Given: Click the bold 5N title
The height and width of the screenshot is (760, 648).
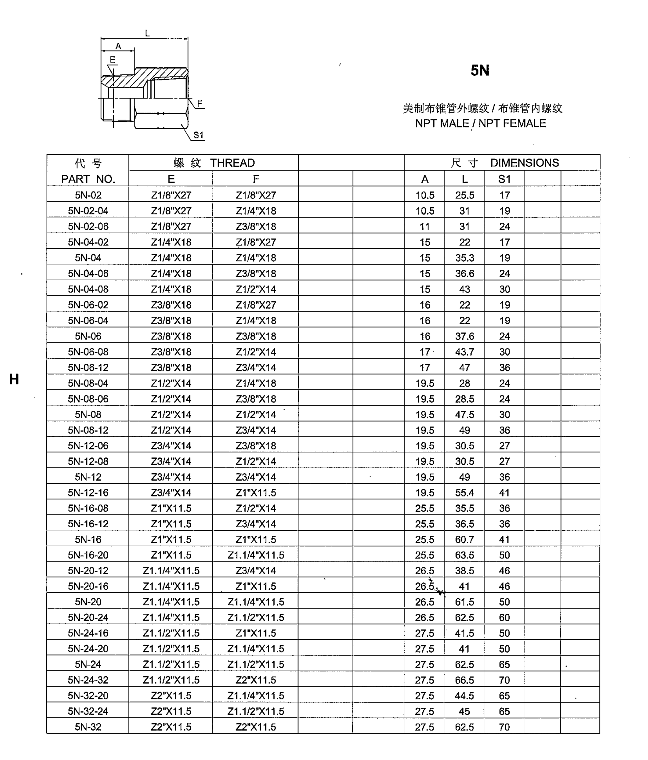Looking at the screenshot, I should pos(480,71).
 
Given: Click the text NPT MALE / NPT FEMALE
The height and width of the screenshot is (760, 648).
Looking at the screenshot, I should pos(480,123).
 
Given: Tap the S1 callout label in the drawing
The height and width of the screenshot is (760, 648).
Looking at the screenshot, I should pos(199,135).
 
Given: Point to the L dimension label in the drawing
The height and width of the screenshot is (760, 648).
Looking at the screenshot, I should pos(147,33).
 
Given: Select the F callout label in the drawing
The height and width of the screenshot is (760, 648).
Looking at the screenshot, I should pos(200,103).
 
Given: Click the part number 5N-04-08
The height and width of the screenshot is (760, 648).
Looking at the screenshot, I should pos(88,289).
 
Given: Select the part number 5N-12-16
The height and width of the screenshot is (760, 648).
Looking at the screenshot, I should pos(88,493).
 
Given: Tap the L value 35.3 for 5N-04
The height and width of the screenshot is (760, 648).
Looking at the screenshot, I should pos(465,258).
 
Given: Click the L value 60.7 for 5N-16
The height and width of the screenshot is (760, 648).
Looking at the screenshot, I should pos(465,540).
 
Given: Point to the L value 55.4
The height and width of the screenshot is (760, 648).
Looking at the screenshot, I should pos(465,493).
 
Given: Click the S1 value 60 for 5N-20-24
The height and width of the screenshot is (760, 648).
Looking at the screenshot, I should pos(504,618).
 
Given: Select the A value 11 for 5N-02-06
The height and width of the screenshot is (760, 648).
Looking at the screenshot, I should pos(425,227).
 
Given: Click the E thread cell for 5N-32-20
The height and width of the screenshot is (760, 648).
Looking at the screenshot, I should pos(171,696).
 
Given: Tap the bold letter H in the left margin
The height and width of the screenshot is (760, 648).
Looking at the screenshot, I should pos(14,379).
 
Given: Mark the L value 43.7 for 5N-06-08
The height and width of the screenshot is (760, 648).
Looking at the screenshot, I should pos(465,352).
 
